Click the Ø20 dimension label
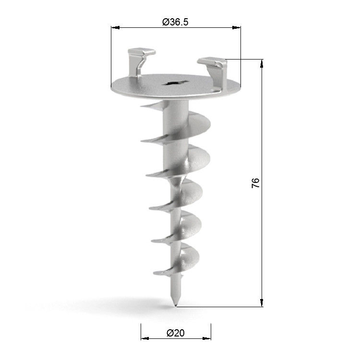point(175,332)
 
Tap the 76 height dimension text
point(256,182)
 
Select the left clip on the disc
point(140,60)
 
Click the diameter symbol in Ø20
point(169,332)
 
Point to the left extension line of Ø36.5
point(111,53)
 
